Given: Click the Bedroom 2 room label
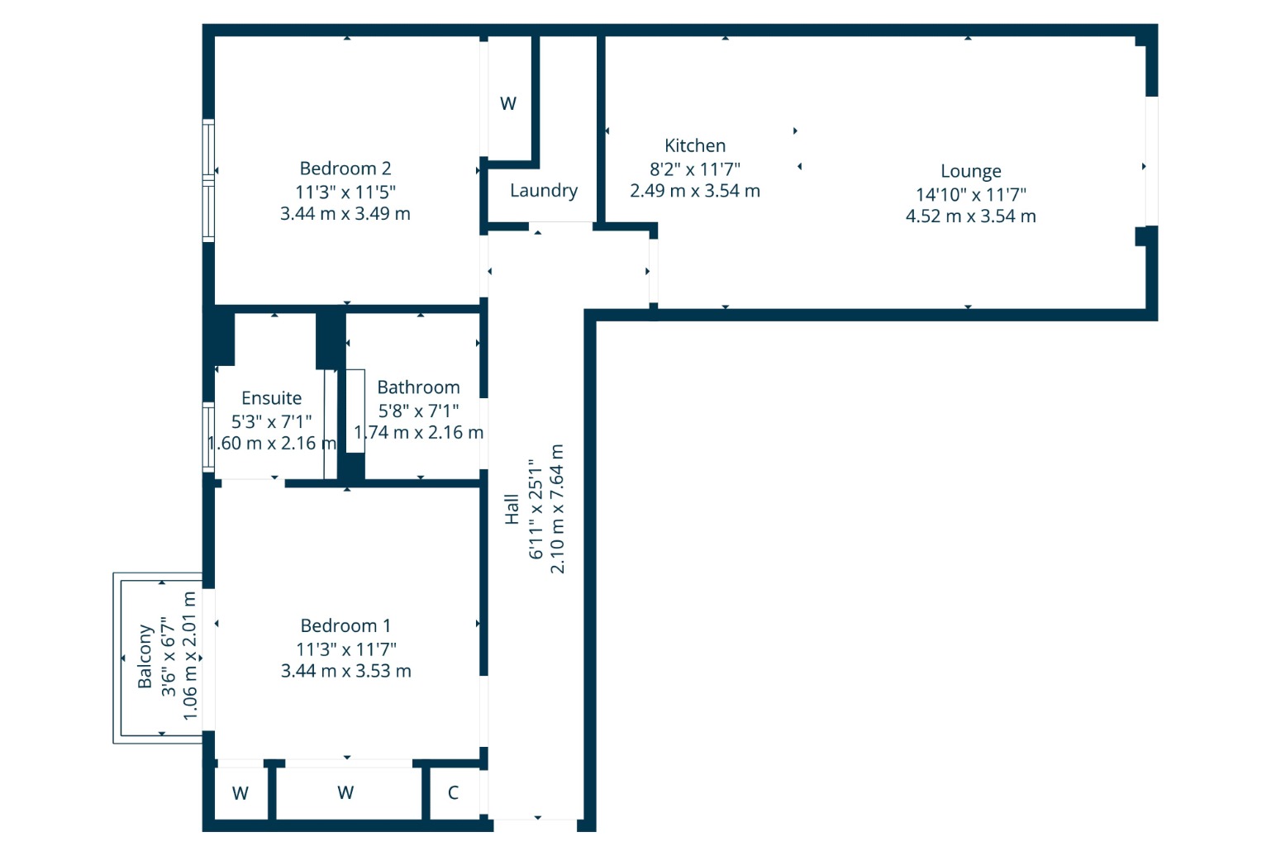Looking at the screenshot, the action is pos(345,169).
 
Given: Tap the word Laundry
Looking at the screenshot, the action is pos(544,191).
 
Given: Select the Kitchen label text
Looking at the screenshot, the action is pos(694,146).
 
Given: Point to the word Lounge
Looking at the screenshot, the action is pos(970,171).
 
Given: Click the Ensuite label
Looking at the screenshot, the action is pos(271,397).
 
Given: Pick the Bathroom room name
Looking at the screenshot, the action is pos(418,387).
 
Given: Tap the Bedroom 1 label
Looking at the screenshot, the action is pos(345,625).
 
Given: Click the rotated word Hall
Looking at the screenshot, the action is pos(512,509).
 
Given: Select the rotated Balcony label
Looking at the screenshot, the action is pos(145,657).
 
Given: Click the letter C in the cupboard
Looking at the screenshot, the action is pos(453,792).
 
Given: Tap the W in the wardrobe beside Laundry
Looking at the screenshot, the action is pos(508,104).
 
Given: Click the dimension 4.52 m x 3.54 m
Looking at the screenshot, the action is pos(970,216).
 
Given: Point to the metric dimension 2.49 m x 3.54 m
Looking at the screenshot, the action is pos(694,191).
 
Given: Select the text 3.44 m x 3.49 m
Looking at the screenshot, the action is pos(345,214).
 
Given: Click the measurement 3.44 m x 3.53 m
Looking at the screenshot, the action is pos(345,671).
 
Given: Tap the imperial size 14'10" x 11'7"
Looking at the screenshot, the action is pos(971,195).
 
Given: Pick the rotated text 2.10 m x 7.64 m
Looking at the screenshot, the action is pos(557,509).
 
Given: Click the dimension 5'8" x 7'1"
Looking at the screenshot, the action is pos(418,411).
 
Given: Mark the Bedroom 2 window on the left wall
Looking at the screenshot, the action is pos(209,181).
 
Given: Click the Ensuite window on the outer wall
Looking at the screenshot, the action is pos(209,437).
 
